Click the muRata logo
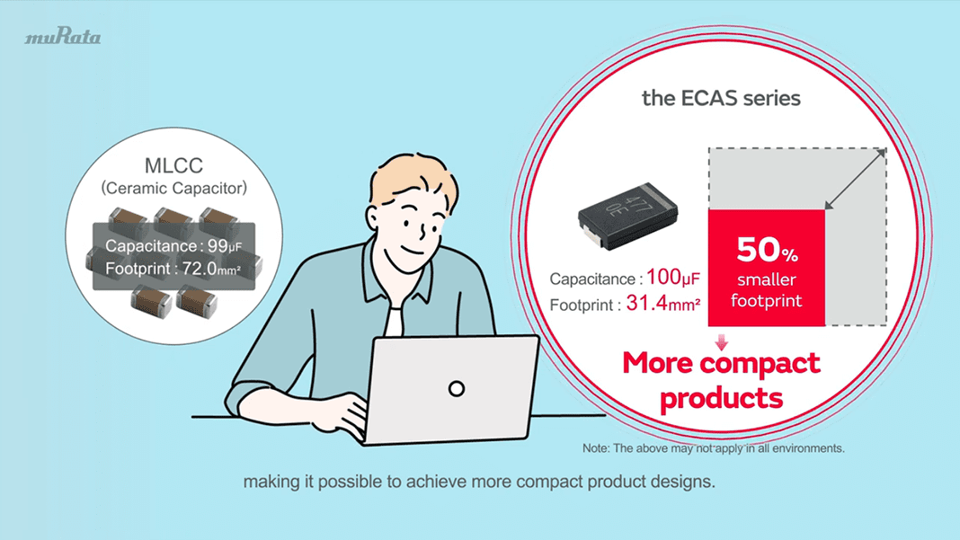coord(62,37)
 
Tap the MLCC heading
coord(173,166)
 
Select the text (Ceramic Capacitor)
coord(173,189)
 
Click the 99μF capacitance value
coord(225,246)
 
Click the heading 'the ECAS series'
coord(721,98)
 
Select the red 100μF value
coord(673,278)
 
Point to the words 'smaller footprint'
coord(767,290)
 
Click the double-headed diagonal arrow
coord(855,180)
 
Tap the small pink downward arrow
coord(721,342)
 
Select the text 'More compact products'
coord(721,380)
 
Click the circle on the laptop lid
coord(457,388)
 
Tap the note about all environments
coord(714,447)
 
